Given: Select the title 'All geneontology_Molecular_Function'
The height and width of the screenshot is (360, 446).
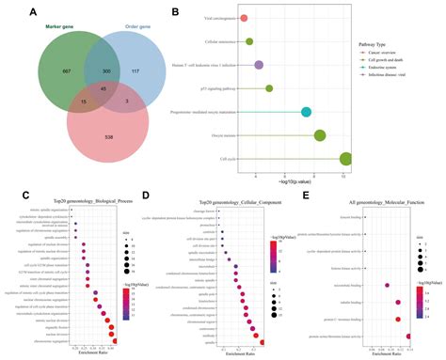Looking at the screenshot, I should (370, 201).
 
